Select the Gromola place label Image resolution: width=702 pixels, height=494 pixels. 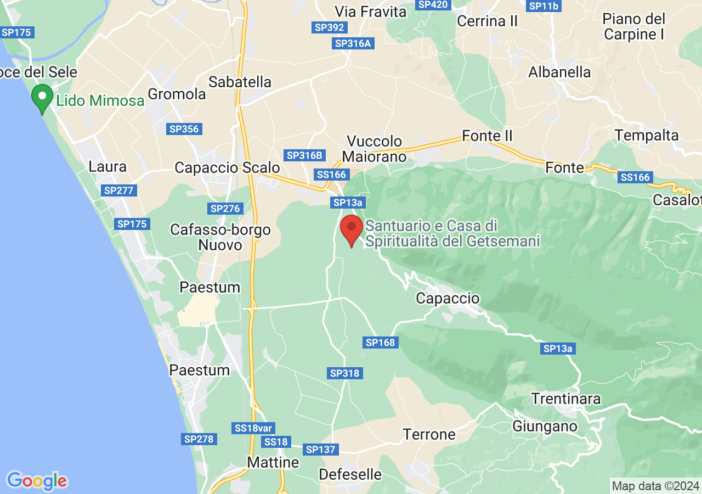(177, 94)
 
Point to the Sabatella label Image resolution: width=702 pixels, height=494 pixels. (240, 82)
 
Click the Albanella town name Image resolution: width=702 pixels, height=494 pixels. (559, 72)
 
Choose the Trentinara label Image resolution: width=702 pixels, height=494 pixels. (565, 398)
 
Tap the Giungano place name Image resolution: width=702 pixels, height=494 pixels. (545, 426)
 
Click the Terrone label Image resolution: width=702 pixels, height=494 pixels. (429, 434)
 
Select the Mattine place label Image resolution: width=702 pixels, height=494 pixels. (273, 462)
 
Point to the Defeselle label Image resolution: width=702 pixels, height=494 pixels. (350, 474)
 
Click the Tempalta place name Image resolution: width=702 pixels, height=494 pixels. (647, 135)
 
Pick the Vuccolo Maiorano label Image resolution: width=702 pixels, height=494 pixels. (374, 149)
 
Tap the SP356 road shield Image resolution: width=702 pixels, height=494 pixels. (184, 129)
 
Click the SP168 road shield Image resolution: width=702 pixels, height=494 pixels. (381, 343)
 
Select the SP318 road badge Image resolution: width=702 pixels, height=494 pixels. (345, 373)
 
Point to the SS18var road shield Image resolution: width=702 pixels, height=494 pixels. (253, 428)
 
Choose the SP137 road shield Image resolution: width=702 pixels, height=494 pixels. (320, 450)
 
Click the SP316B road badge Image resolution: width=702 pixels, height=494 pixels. (304, 155)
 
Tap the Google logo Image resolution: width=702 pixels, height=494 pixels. (37, 481)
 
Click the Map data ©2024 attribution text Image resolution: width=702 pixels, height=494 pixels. (655, 486)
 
